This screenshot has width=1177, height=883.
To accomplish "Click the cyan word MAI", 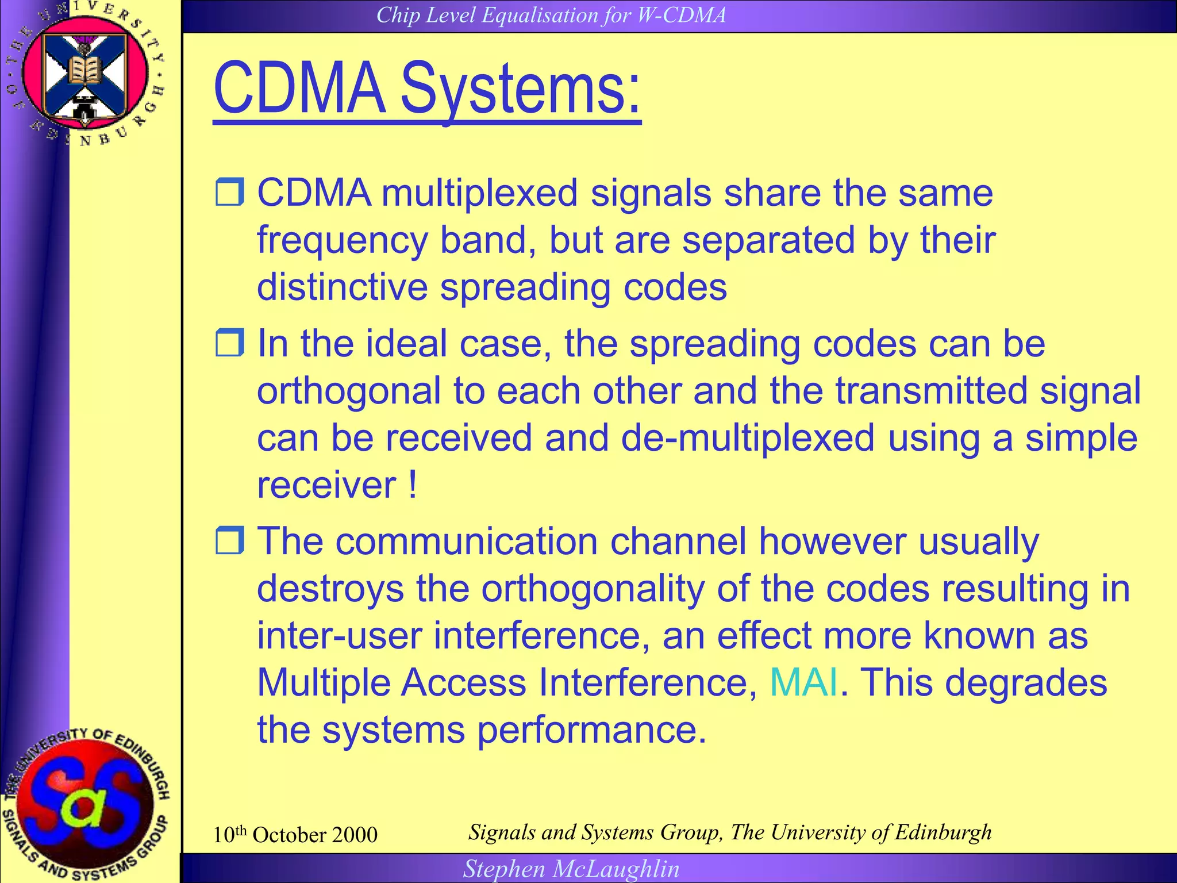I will point(803,682).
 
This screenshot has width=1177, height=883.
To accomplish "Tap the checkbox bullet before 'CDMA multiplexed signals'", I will point(230,192).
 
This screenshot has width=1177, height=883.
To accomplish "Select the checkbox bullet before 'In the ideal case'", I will point(230,343).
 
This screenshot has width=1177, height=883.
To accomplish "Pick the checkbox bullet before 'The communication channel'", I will point(230,540).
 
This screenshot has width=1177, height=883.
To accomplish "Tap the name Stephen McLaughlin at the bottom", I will point(571,869).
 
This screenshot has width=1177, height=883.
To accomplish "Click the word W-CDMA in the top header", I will point(682,16).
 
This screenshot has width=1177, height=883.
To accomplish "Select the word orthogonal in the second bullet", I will point(349,391).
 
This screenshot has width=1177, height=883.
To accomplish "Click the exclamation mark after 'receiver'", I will point(413,485).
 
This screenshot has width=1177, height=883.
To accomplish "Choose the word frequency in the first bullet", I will point(342,240).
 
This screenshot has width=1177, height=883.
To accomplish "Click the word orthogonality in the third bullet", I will point(593,589).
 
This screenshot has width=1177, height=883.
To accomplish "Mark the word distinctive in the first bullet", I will point(342,287).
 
